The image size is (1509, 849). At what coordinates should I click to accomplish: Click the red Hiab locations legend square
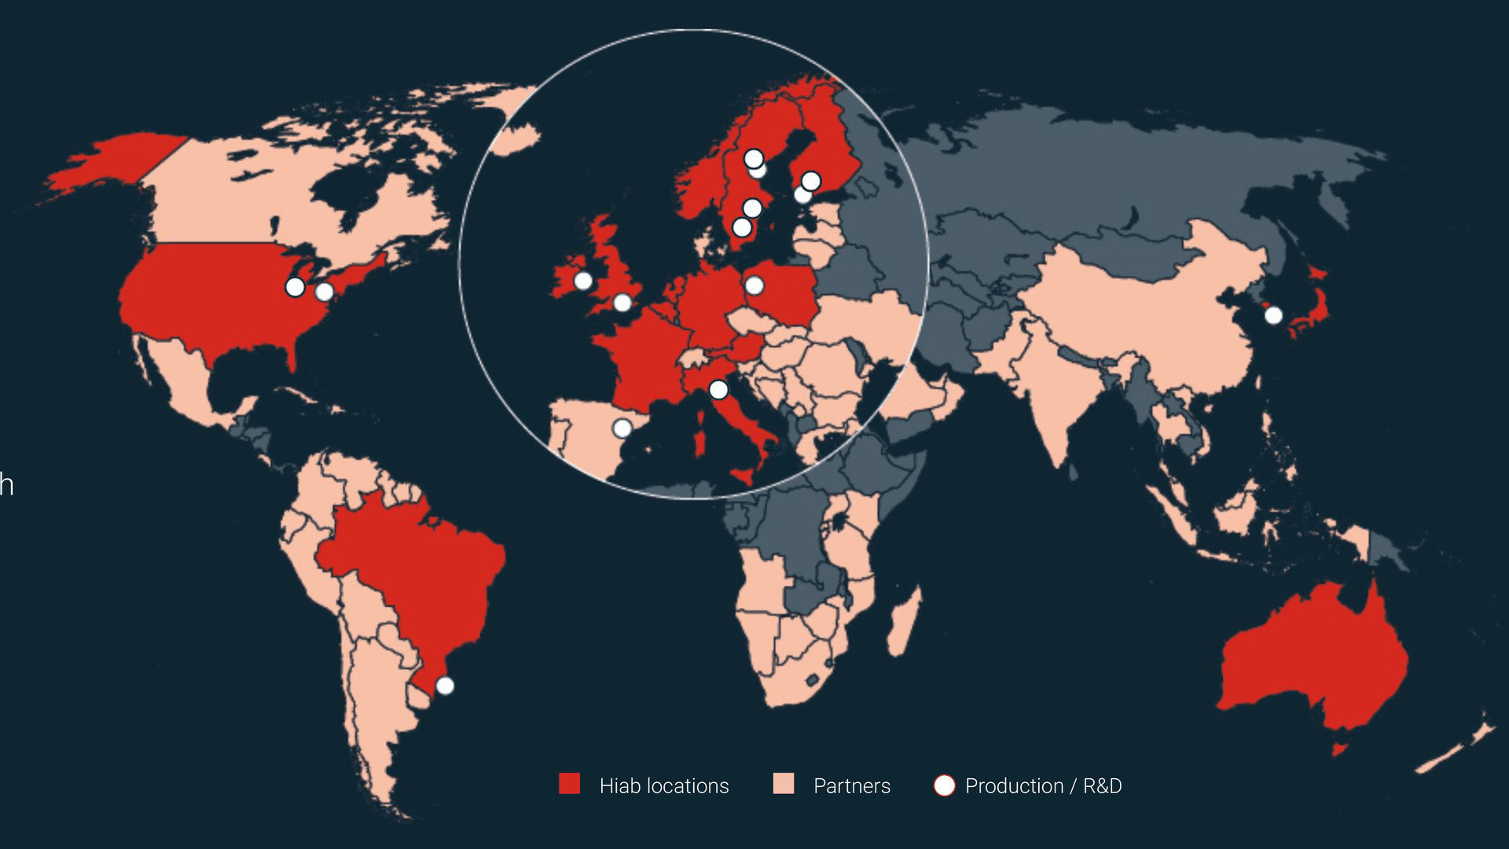coord(569,784)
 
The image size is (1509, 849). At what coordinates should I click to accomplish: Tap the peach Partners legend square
coord(784,784)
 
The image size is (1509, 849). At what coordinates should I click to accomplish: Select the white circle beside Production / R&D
coord(944,785)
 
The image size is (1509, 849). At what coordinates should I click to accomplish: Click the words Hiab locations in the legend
coord(664,786)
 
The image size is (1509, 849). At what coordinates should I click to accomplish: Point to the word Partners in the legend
coord(852,786)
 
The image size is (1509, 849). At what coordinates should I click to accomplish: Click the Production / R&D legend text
coord(1043,786)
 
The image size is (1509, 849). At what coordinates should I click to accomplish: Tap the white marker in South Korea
coord(1273,315)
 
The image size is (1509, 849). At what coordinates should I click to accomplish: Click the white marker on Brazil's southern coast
coord(445,685)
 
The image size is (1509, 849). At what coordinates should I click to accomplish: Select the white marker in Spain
coord(622,428)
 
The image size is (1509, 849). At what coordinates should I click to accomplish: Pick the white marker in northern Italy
coord(718,390)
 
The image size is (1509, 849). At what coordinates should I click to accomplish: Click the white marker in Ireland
coord(583,281)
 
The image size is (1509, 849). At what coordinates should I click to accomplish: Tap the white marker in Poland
coord(754,285)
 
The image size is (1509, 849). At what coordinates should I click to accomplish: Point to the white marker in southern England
coord(622,303)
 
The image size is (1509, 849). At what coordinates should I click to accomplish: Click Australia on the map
coord(1313,660)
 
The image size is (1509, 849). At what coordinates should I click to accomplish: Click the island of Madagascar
coord(904,625)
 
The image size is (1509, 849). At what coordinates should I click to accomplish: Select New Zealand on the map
coord(1454,747)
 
